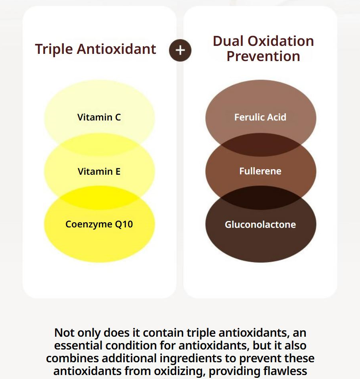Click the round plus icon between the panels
click(x=180, y=50)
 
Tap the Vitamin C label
click(x=99, y=117)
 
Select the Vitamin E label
click(x=99, y=172)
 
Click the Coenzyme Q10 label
click(x=99, y=224)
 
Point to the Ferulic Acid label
click(x=260, y=117)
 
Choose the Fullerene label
click(x=260, y=171)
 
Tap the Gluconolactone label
click(x=260, y=225)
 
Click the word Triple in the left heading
click(x=54, y=49)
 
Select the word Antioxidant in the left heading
click(x=116, y=49)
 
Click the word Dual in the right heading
click(x=228, y=41)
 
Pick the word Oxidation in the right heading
click(x=281, y=41)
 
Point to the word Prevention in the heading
click(x=264, y=56)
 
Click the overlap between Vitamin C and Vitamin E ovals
click(x=99, y=144)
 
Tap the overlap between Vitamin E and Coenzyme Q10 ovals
click(x=99, y=198)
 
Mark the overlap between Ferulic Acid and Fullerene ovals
click(x=261, y=144)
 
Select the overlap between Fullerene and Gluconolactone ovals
click(x=261, y=198)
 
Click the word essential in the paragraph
click(x=79, y=345)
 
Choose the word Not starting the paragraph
click(x=64, y=333)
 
